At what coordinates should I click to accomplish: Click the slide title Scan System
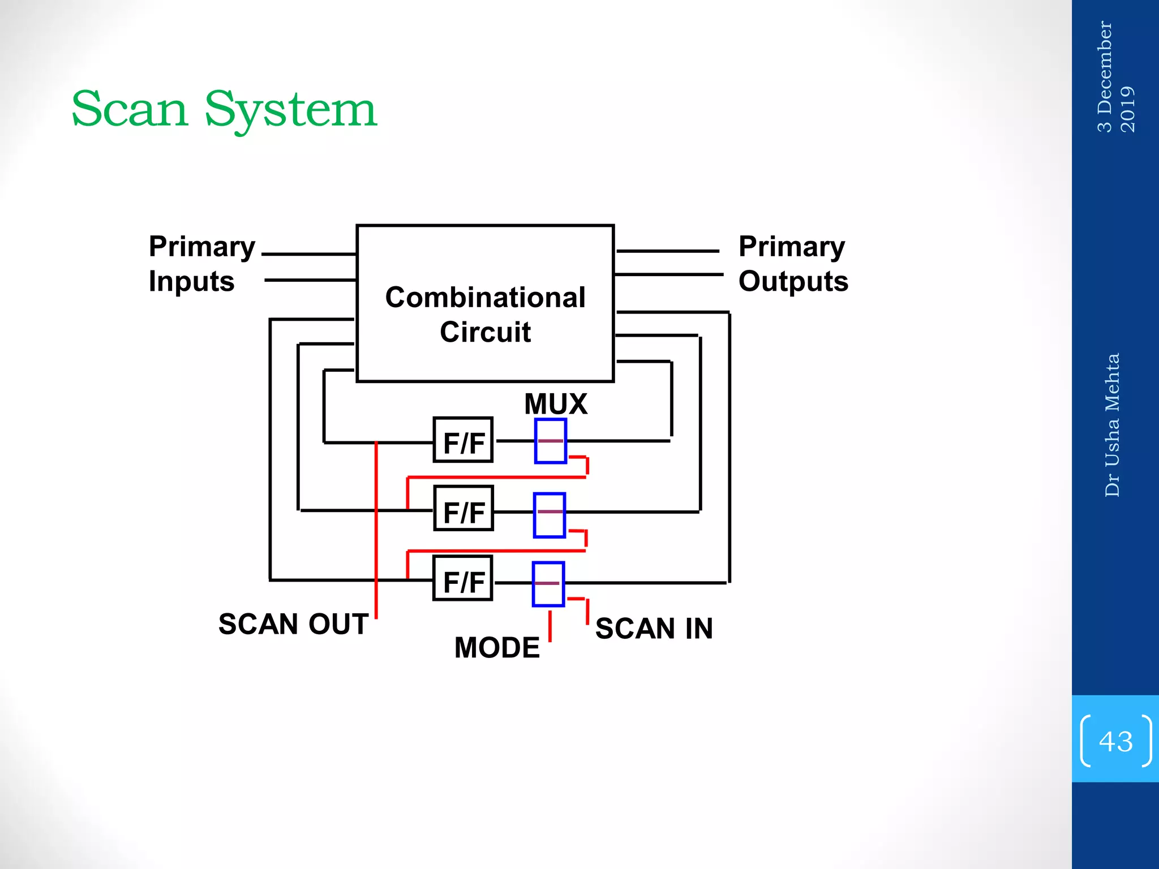(224, 109)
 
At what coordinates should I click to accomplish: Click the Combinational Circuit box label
(485, 314)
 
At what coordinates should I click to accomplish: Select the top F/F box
(463, 440)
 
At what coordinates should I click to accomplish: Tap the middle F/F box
(463, 509)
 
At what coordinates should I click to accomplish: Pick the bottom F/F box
(463, 578)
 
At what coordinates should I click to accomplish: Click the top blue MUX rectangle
(551, 441)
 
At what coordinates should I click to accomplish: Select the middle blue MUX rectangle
(550, 515)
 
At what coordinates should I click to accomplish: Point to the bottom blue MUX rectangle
(548, 584)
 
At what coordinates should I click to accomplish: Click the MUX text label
(556, 404)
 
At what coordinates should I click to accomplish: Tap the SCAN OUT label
(293, 624)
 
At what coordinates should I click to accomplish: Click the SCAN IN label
(654, 629)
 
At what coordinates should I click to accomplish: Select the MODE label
(497, 647)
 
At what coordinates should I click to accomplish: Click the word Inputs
(191, 281)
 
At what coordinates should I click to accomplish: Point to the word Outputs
(793, 281)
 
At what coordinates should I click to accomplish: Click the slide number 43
(1115, 741)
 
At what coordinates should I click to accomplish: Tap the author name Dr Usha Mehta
(1112, 425)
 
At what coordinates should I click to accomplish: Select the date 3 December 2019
(1115, 76)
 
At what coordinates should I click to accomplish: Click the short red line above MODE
(550, 626)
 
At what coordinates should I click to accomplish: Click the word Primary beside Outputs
(791, 247)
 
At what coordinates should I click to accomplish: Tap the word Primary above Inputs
(202, 247)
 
